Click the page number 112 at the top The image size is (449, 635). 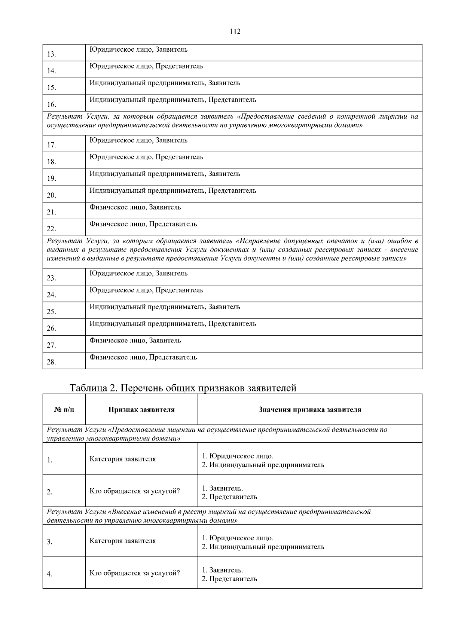pyautogui.click(x=235, y=31)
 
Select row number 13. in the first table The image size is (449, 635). pyautogui.click(x=51, y=55)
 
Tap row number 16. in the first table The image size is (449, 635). pyautogui.click(x=51, y=105)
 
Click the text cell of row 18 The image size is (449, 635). pyautogui.click(x=146, y=157)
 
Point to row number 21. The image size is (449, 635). pyautogui.click(x=51, y=213)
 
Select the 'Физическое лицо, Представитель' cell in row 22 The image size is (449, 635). pyautogui.click(x=143, y=224)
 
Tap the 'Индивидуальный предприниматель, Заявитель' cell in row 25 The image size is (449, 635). pyautogui.click(x=165, y=307)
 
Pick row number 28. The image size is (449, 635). pyautogui.click(x=51, y=362)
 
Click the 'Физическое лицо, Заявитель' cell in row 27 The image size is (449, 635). pyautogui.click(x=135, y=341)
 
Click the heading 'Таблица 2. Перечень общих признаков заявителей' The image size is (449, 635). pyautogui.click(x=183, y=388)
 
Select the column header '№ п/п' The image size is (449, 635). pyautogui.click(x=64, y=410)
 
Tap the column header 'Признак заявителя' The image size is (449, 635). pyautogui.click(x=141, y=410)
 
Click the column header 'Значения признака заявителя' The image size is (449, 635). pyautogui.click(x=310, y=410)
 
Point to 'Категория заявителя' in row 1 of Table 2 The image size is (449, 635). pyautogui.click(x=122, y=459)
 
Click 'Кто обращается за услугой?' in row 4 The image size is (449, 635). pyautogui.click(x=134, y=573)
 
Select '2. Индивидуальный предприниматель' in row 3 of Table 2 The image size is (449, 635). pyautogui.click(x=263, y=547)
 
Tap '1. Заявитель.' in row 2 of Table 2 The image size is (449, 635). pyautogui.click(x=222, y=488)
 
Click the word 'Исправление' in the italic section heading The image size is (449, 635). pyautogui.click(x=260, y=240)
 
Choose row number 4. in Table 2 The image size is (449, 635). pyautogui.click(x=49, y=574)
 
